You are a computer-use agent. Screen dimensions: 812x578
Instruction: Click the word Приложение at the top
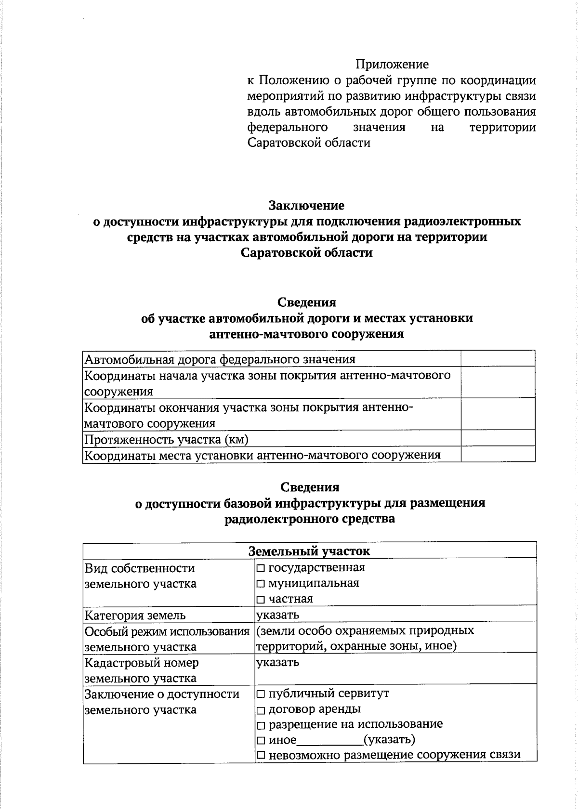(392, 64)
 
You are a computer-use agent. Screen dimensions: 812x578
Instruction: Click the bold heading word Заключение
(306, 206)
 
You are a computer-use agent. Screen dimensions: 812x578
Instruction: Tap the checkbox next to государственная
(261, 568)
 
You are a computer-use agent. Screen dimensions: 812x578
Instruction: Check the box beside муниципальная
(261, 584)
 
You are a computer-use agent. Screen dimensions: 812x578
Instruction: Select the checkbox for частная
(261, 600)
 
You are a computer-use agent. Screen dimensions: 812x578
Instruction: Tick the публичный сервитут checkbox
(261, 694)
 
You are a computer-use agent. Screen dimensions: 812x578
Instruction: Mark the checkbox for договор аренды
(261, 710)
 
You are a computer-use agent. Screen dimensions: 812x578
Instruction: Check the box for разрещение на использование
(261, 726)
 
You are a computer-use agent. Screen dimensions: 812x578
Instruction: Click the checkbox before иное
(261, 741)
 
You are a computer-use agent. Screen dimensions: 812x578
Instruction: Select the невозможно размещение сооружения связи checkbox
(261, 756)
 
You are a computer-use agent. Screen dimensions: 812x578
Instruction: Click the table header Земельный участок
(309, 551)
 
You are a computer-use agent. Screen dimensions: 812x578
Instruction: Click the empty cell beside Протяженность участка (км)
(498, 438)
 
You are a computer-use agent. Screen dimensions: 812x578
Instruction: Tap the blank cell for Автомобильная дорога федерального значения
(498, 359)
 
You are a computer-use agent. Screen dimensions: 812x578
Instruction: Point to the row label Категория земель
(135, 616)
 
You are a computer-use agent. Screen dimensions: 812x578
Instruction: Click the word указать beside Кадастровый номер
(278, 662)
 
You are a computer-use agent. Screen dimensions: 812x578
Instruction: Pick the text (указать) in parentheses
(389, 740)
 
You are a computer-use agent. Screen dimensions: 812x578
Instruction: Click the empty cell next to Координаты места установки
(498, 454)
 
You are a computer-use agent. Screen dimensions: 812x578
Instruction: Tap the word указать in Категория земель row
(278, 615)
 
